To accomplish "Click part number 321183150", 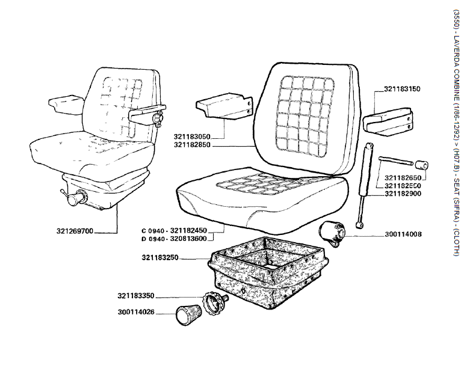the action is [402, 89].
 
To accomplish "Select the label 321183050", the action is [192, 137].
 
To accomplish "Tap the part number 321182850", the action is [192, 145].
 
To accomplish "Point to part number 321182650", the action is [403, 178].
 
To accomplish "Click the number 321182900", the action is [403, 194].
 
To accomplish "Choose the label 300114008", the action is [403, 234].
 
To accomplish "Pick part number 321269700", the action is [75, 231].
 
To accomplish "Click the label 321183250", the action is [160, 258].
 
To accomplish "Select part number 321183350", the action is [136, 296].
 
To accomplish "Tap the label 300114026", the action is [136, 312].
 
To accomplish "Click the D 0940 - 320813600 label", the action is [174, 239].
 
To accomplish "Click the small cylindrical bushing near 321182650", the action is [422, 165].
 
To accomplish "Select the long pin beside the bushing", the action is [395, 160].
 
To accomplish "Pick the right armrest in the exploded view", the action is [388, 123].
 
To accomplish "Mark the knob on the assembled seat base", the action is [75, 197].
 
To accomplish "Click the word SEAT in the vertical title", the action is [457, 188].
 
